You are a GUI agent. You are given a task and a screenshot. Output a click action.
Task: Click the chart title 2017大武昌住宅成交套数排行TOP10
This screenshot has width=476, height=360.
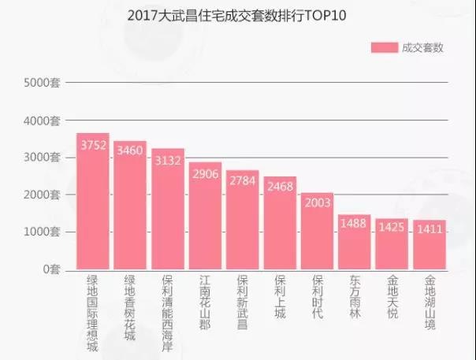(236, 15)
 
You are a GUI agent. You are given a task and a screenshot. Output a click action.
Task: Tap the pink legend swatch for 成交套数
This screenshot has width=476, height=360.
(384, 47)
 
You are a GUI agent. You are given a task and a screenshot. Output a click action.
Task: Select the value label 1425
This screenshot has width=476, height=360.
(392, 228)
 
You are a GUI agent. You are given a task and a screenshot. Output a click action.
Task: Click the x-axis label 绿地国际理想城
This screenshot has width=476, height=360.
(93, 310)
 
